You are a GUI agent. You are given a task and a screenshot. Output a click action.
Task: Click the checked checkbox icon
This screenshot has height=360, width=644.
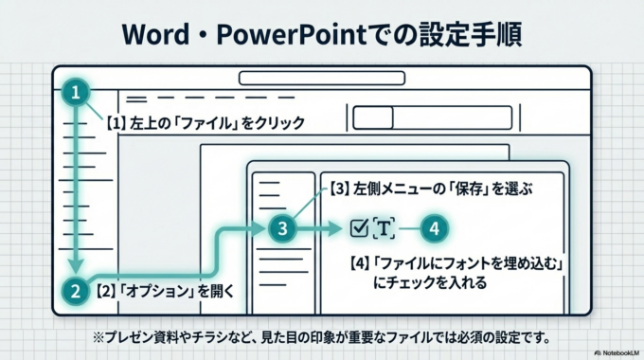coord(358,227)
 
